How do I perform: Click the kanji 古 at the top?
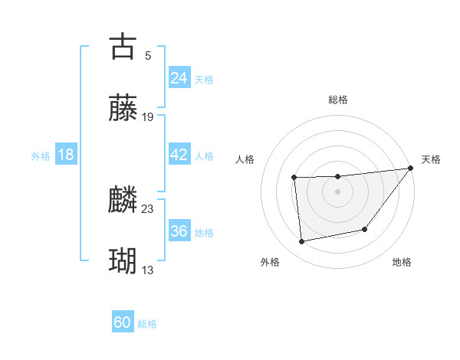tap(123, 46)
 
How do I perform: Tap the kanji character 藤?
tap(123, 109)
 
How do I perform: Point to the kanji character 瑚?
tap(123, 262)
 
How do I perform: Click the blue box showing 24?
tap(179, 78)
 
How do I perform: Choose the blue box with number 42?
tap(179, 155)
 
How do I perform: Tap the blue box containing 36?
tap(179, 231)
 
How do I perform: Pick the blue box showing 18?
tap(66, 155)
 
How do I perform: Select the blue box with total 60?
tap(123, 322)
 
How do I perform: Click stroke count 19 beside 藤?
tap(148, 117)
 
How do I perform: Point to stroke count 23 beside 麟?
tap(148, 208)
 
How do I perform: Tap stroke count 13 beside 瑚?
tap(148, 270)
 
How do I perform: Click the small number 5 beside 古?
tap(148, 55)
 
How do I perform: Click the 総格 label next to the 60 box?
tap(147, 324)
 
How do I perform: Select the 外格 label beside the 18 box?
tap(41, 156)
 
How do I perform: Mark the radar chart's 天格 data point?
tap(411, 169)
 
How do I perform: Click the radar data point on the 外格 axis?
tap(302, 242)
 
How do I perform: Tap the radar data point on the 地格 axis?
tap(366, 229)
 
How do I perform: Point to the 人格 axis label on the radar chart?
tap(245, 160)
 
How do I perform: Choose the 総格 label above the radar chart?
tap(337, 100)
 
